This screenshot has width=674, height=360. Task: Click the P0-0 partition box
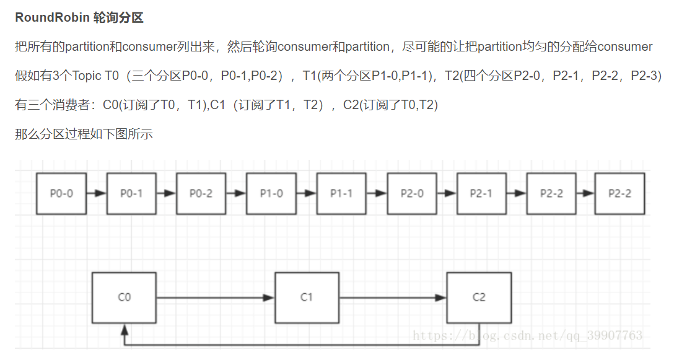point(61,194)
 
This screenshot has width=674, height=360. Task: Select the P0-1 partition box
point(131,194)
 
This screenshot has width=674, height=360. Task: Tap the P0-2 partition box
point(201,194)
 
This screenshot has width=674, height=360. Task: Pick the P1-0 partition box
point(271,194)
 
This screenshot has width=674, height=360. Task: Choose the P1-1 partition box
point(341,194)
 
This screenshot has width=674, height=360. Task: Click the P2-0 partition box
point(412,194)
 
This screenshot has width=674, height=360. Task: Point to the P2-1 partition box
point(481,194)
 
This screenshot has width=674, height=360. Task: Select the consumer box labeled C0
point(125,297)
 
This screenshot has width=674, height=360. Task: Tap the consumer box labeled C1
point(307,297)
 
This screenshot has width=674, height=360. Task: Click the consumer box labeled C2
point(479,297)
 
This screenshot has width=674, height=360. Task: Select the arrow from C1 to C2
point(393,298)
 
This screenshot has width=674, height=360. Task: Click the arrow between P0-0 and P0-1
point(96,194)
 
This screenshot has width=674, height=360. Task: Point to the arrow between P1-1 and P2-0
point(377,194)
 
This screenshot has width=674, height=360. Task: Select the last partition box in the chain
point(619,194)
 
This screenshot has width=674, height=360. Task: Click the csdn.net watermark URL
point(527,336)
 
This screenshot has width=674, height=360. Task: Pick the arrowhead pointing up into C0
point(125,328)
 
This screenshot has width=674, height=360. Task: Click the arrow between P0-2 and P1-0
point(236,194)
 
